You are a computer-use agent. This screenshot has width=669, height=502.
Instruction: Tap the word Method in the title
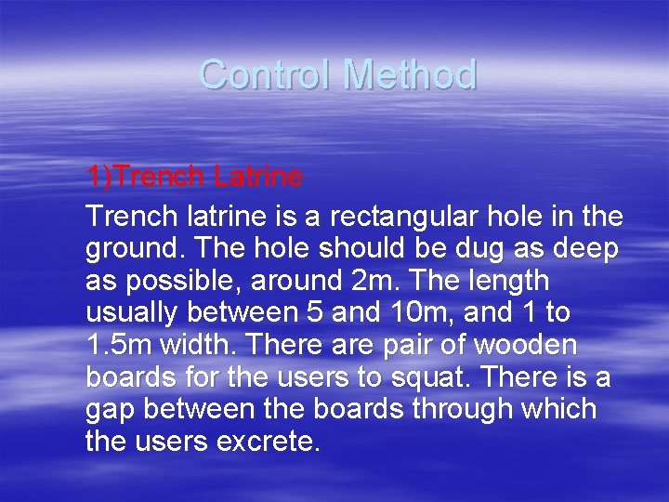(x=410, y=74)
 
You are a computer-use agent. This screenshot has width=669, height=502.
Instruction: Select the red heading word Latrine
(x=257, y=176)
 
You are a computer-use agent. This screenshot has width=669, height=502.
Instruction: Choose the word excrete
(x=268, y=442)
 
